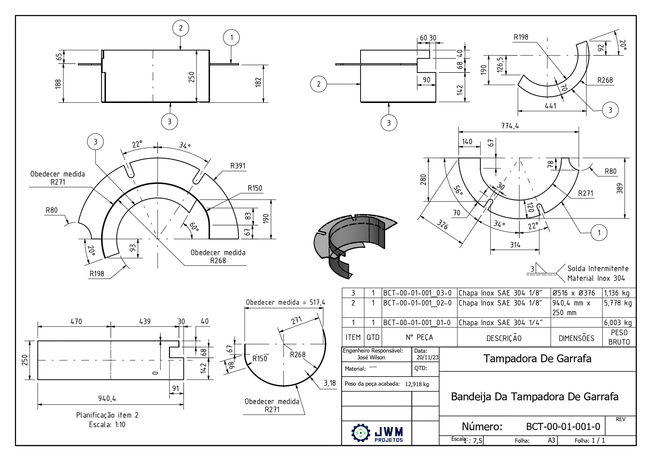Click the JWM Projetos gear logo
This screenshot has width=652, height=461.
coord(361,433)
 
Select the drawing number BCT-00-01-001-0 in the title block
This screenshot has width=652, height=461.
coord(563,426)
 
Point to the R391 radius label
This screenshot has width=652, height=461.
coord(238,166)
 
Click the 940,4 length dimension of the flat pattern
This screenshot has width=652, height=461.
coord(107,398)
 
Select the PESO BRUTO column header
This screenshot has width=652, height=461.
coord(619,337)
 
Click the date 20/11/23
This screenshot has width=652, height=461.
coord(427,357)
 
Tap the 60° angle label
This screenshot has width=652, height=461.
coord(194,226)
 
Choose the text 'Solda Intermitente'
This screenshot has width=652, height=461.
coord(598,268)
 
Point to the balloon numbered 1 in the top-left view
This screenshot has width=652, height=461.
coord(231,38)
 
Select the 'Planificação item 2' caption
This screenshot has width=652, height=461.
coord(107,415)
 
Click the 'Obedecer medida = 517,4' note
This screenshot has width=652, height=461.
coord(285,302)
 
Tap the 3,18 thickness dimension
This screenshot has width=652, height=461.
coord(330,383)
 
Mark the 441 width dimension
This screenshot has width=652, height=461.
coord(550,106)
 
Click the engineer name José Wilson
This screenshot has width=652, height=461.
coord(371,357)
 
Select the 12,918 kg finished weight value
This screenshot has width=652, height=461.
coord(417,384)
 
